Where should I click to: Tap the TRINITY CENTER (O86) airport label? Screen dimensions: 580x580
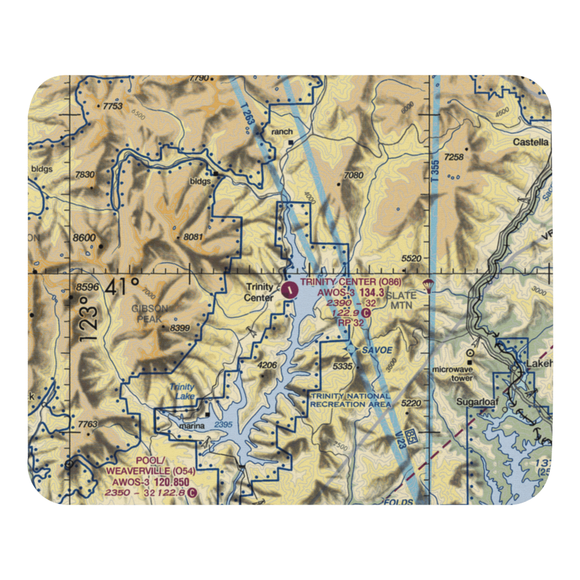350,282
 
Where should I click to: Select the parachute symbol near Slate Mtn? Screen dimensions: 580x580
429,284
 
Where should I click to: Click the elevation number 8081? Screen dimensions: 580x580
193,237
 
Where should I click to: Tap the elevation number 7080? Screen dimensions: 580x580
353,175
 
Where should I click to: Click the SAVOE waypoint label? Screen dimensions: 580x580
378,350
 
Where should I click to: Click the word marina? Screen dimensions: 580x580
191,426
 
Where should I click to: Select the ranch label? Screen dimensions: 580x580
282,132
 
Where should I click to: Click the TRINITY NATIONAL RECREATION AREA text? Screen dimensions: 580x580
350,400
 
